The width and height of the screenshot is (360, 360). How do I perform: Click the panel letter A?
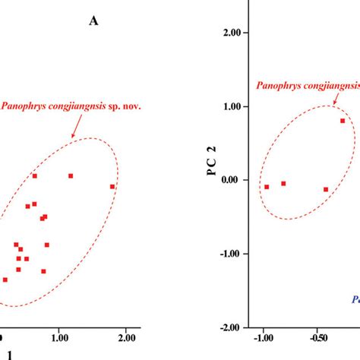(93, 21)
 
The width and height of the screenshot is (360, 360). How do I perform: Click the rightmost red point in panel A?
(112, 187)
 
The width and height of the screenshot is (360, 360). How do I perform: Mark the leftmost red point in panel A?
(5, 279)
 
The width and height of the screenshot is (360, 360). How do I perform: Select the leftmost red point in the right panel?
(267, 187)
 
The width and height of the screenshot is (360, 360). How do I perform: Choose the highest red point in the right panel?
(343, 120)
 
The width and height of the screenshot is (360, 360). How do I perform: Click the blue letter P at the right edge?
(355, 299)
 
